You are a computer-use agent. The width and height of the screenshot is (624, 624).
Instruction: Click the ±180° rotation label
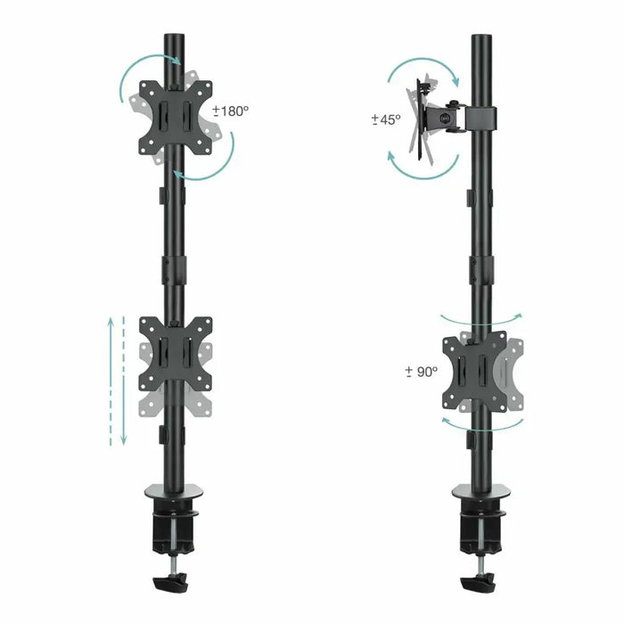pos(232,112)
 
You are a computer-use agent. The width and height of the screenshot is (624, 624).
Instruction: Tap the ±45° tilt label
pos(386,119)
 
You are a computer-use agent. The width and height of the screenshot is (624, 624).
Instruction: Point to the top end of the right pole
pos(481,40)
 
